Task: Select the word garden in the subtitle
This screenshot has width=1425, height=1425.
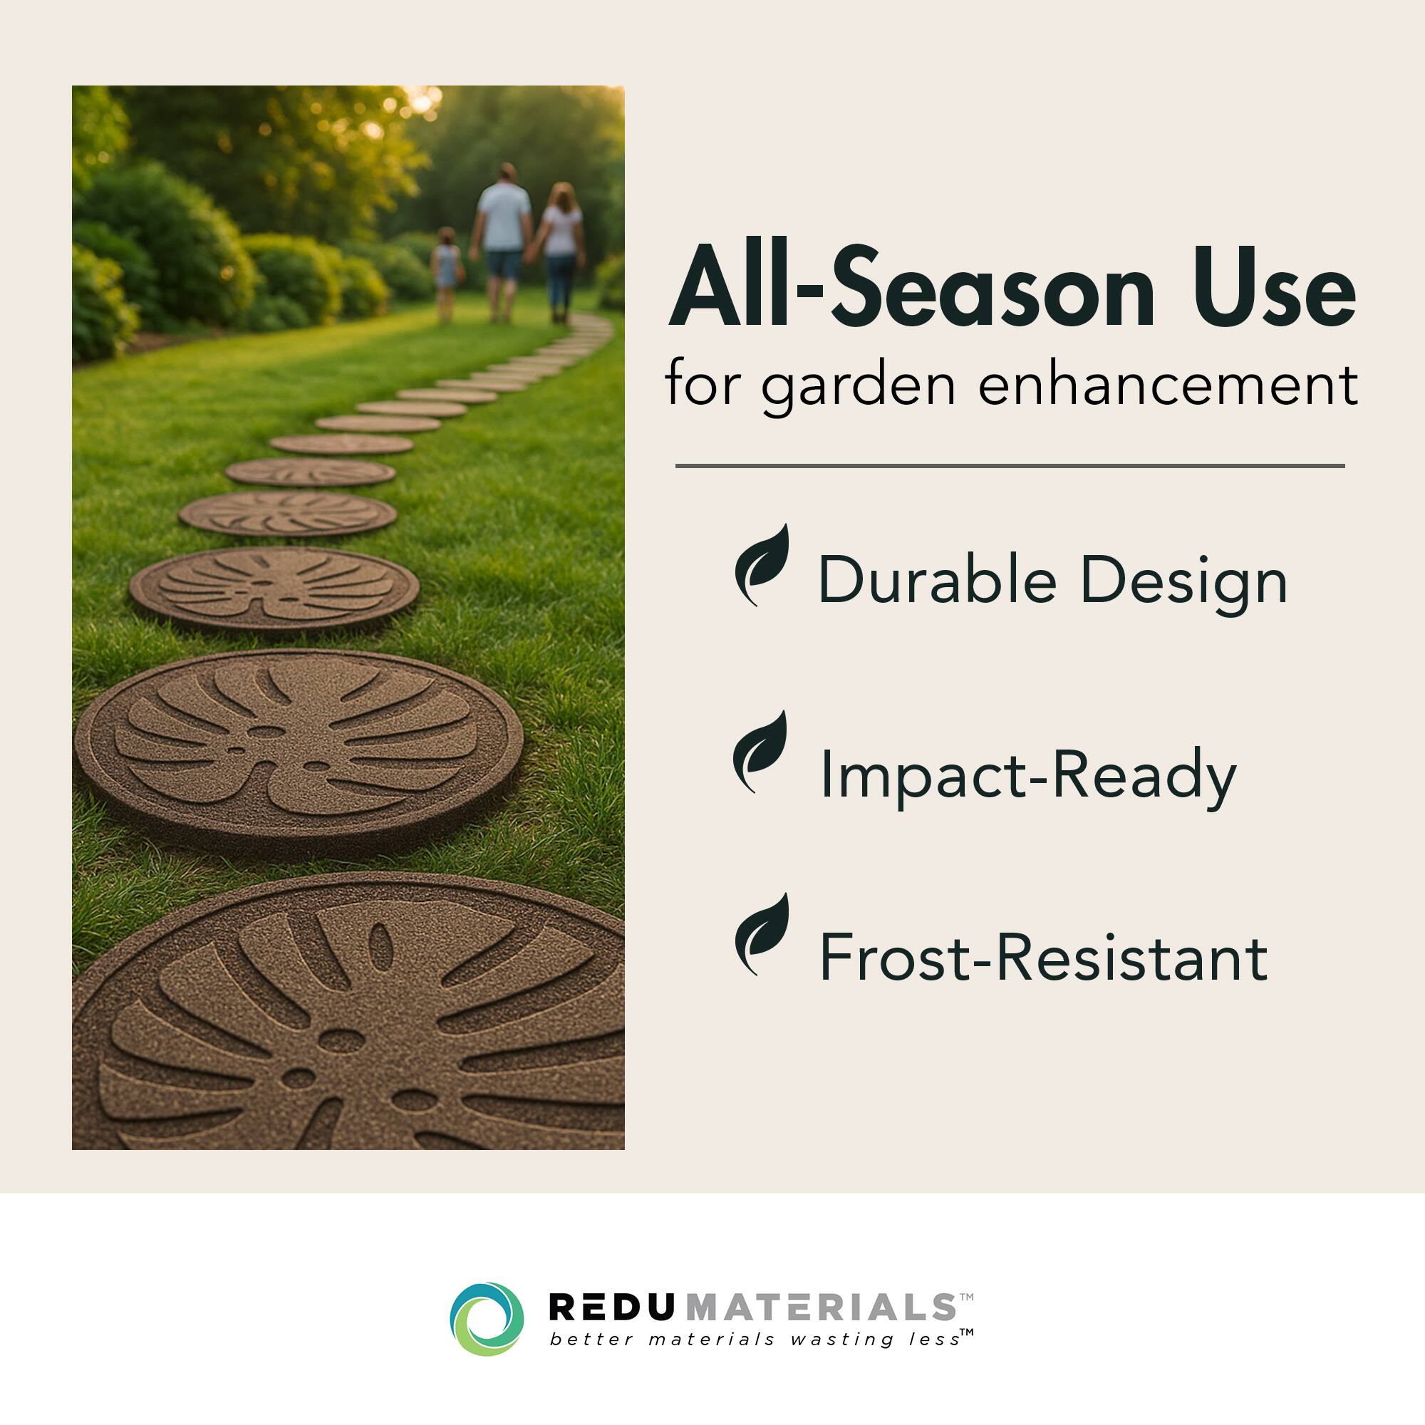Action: click(x=859, y=385)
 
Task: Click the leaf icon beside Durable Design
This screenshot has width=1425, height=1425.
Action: click(x=762, y=565)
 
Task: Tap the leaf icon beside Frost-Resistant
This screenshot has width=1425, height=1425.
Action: click(x=762, y=935)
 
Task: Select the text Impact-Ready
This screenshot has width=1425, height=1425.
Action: click(x=1027, y=774)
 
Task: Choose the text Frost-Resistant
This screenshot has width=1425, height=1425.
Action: click(x=1043, y=958)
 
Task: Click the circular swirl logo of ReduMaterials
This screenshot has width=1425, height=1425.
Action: click(x=487, y=1320)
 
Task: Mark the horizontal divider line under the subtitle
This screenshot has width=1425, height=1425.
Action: click(x=1010, y=466)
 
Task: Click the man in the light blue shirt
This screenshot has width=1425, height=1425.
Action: click(x=504, y=239)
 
